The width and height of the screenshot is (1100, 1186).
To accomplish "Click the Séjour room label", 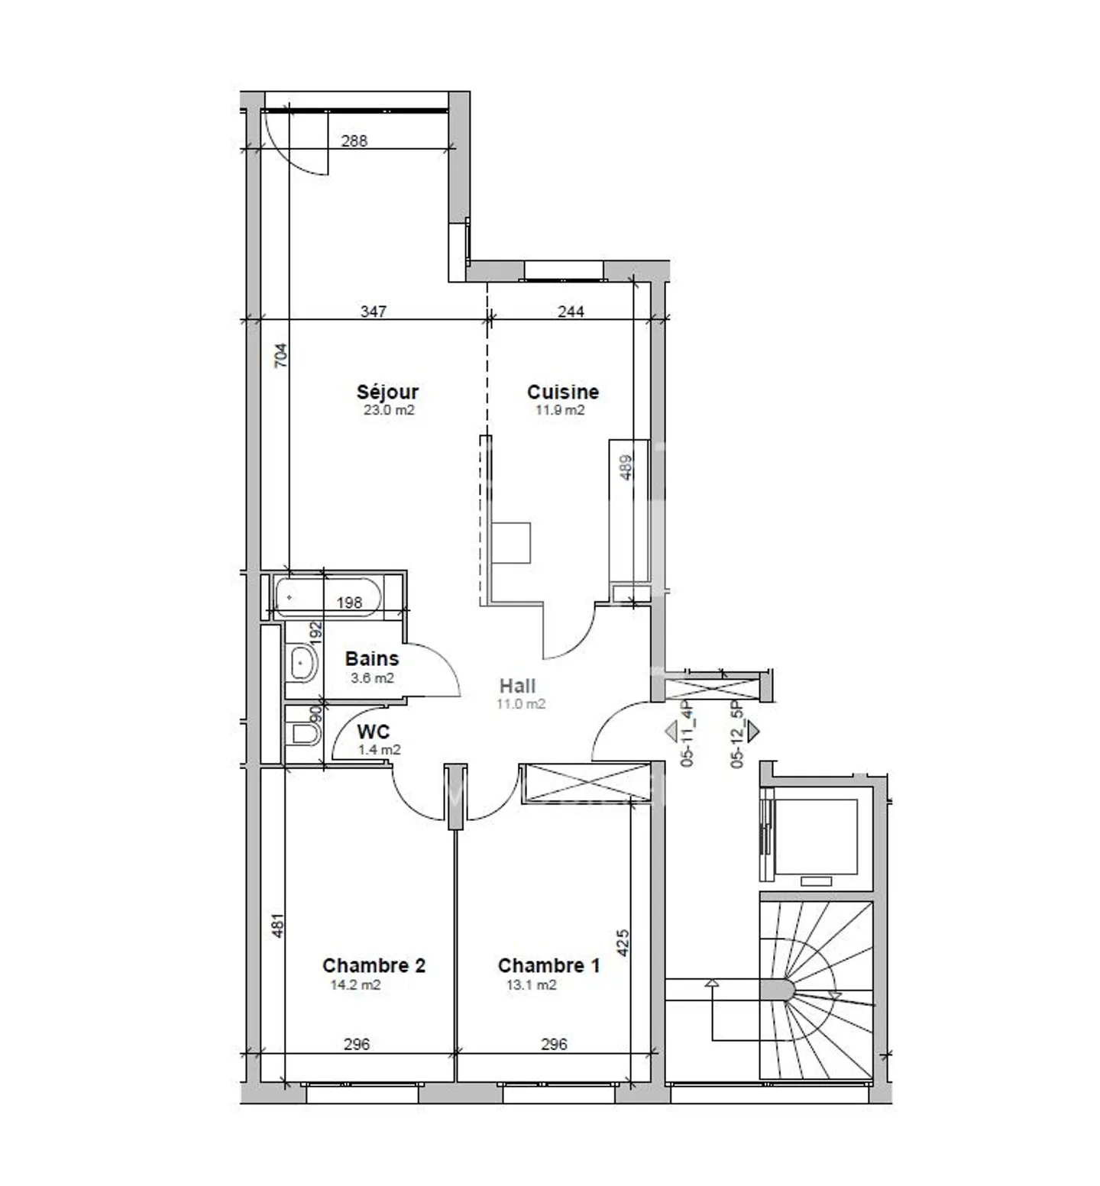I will click(387, 392).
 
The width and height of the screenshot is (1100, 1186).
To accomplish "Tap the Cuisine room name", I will click(562, 392).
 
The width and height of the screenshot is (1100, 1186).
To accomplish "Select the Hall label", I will click(517, 686).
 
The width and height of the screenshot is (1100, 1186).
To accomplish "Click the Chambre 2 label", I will click(374, 965).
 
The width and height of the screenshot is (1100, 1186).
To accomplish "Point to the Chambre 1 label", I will click(548, 965).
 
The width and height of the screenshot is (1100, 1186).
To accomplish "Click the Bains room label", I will click(371, 658).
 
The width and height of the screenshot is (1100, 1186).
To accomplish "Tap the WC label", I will click(373, 732).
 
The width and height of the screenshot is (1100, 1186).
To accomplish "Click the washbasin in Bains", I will click(302, 663).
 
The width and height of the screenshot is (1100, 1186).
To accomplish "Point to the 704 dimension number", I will click(281, 356).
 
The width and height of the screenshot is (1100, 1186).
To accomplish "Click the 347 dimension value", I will click(374, 312).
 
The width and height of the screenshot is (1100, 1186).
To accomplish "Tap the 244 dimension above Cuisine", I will click(571, 312).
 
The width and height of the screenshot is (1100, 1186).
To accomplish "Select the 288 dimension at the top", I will click(354, 141).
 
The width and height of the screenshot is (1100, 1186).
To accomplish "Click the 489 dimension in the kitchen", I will click(626, 467).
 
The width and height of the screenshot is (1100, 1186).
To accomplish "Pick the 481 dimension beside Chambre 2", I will click(278, 926).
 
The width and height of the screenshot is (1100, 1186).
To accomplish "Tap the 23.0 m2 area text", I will click(389, 410).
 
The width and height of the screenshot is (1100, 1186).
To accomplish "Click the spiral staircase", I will click(816, 990).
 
